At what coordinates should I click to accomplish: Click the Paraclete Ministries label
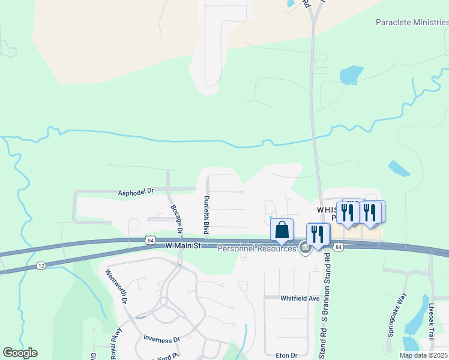click(x=412, y=22)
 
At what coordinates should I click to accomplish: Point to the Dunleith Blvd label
click(x=206, y=214)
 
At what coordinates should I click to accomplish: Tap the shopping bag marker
click(x=282, y=231)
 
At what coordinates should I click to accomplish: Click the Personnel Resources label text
click(x=257, y=248)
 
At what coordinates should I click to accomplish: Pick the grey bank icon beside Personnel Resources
click(x=305, y=248)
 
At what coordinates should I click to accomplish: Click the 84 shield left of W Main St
click(x=149, y=239)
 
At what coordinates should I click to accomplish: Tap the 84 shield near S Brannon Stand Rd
click(x=339, y=247)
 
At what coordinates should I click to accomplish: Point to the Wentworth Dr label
click(x=116, y=288)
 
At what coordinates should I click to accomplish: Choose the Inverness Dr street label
click(x=161, y=338)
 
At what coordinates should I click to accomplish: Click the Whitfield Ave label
click(x=300, y=298)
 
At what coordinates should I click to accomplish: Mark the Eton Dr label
click(x=285, y=355)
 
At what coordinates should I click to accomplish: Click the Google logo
click(x=20, y=353)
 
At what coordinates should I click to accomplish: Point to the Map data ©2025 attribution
click(x=423, y=355)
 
